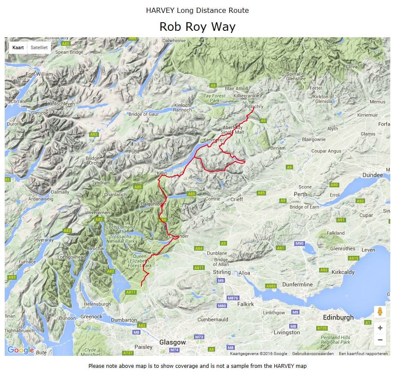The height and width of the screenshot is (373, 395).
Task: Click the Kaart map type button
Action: coord(18,47)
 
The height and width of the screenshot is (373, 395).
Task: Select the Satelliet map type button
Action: coord(39,47)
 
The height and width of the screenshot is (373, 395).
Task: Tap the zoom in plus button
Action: coord(380,328)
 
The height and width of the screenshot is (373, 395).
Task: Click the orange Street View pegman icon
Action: coord(380,312)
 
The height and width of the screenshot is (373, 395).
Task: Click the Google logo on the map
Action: coord(20,350)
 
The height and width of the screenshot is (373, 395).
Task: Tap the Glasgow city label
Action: coord(173,342)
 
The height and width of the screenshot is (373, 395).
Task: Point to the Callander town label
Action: coord(179,236)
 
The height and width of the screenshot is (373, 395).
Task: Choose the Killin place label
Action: coord(162,173)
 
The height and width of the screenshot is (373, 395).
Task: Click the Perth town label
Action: coord(300,194)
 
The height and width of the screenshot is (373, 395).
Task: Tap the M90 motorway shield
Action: coord(299,243)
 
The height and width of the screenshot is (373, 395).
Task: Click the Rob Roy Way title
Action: coord(197,27)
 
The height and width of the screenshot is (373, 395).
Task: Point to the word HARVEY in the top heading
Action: coord(160,10)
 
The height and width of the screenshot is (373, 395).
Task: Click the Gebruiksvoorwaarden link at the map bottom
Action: coord(313,354)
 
